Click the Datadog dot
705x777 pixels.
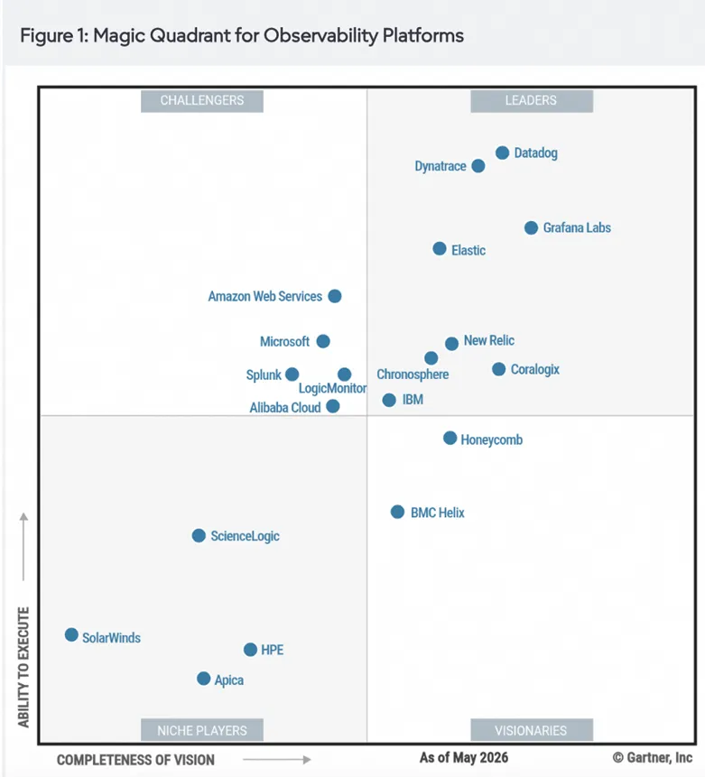502,153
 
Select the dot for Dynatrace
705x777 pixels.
478,166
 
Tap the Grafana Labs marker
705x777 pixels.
531,228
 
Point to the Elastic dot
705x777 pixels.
440,249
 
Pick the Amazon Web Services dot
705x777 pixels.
335,296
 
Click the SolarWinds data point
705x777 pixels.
71,634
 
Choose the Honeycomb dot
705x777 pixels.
450,438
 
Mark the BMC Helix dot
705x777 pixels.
397,512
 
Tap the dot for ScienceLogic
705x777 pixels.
199,536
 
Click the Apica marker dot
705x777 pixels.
204,679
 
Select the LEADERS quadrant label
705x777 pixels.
532,101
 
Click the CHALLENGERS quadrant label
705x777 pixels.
202,101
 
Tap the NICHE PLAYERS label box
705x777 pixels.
202,730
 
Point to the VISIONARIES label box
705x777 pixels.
532,730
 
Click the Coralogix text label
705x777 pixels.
535,370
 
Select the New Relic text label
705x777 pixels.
489,341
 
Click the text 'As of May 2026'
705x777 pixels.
464,758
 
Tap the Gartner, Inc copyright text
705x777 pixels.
653,758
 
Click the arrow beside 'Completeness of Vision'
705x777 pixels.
276,760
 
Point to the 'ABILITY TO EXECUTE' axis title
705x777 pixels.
23,667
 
